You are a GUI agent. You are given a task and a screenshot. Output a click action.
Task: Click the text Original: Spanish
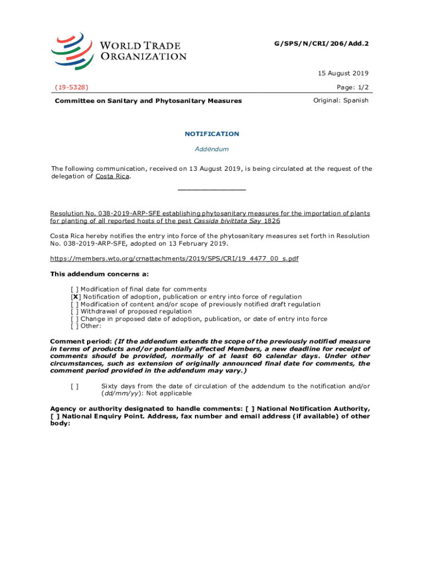pos(341,100)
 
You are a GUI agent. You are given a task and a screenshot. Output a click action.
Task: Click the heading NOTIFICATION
pos(211,134)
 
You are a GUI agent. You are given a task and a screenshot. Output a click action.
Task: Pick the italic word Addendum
pos(211,149)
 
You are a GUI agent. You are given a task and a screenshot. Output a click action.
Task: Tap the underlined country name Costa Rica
pos(112,176)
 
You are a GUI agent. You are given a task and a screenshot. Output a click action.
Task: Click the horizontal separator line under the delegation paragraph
pos(211,189)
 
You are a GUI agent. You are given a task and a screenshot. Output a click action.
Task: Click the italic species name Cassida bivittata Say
pos(227,221)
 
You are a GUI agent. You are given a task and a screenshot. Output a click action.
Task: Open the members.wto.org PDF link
pos(174,258)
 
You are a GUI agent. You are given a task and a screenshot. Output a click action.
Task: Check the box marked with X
pos(75,297)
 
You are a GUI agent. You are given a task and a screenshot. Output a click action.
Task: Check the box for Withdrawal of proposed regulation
pos(74,312)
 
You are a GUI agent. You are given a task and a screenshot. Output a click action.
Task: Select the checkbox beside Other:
pos(74,326)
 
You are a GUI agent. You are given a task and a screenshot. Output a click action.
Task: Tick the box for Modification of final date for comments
pos(74,289)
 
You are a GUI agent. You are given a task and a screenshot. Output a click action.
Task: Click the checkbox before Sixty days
pos(74,386)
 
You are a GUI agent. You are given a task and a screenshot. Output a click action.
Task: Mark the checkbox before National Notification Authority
pos(251,409)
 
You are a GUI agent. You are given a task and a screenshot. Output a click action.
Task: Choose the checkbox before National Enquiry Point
pos(55,416)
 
